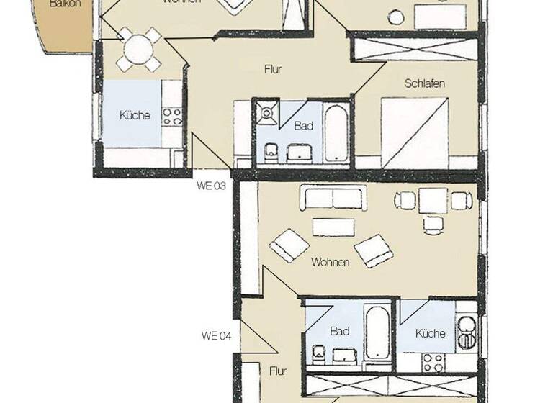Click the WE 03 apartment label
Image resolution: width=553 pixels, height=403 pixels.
(212, 185)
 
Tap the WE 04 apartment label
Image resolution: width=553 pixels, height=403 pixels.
(215, 335)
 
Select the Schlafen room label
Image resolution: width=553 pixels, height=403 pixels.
(424, 83)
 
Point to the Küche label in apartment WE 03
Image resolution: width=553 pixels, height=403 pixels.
(135, 115)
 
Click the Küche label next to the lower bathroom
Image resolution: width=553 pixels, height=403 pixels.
(430, 333)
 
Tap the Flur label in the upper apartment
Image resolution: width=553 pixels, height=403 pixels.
(271, 70)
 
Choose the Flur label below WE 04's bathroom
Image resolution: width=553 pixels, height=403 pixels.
(278, 371)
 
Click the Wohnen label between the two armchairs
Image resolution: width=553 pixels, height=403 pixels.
(330, 262)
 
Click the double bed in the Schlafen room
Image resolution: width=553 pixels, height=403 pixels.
(415, 130)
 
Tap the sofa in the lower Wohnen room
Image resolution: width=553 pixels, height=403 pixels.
(333, 197)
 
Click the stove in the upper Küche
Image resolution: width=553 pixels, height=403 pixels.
(171, 117)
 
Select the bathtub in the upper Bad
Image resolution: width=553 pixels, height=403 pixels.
(335, 134)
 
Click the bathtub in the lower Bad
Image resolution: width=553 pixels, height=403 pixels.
(377, 333)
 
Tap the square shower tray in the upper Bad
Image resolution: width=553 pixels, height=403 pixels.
(265, 112)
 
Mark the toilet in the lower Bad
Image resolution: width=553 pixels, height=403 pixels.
(318, 354)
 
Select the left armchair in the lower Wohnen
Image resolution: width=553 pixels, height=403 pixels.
(289, 245)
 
